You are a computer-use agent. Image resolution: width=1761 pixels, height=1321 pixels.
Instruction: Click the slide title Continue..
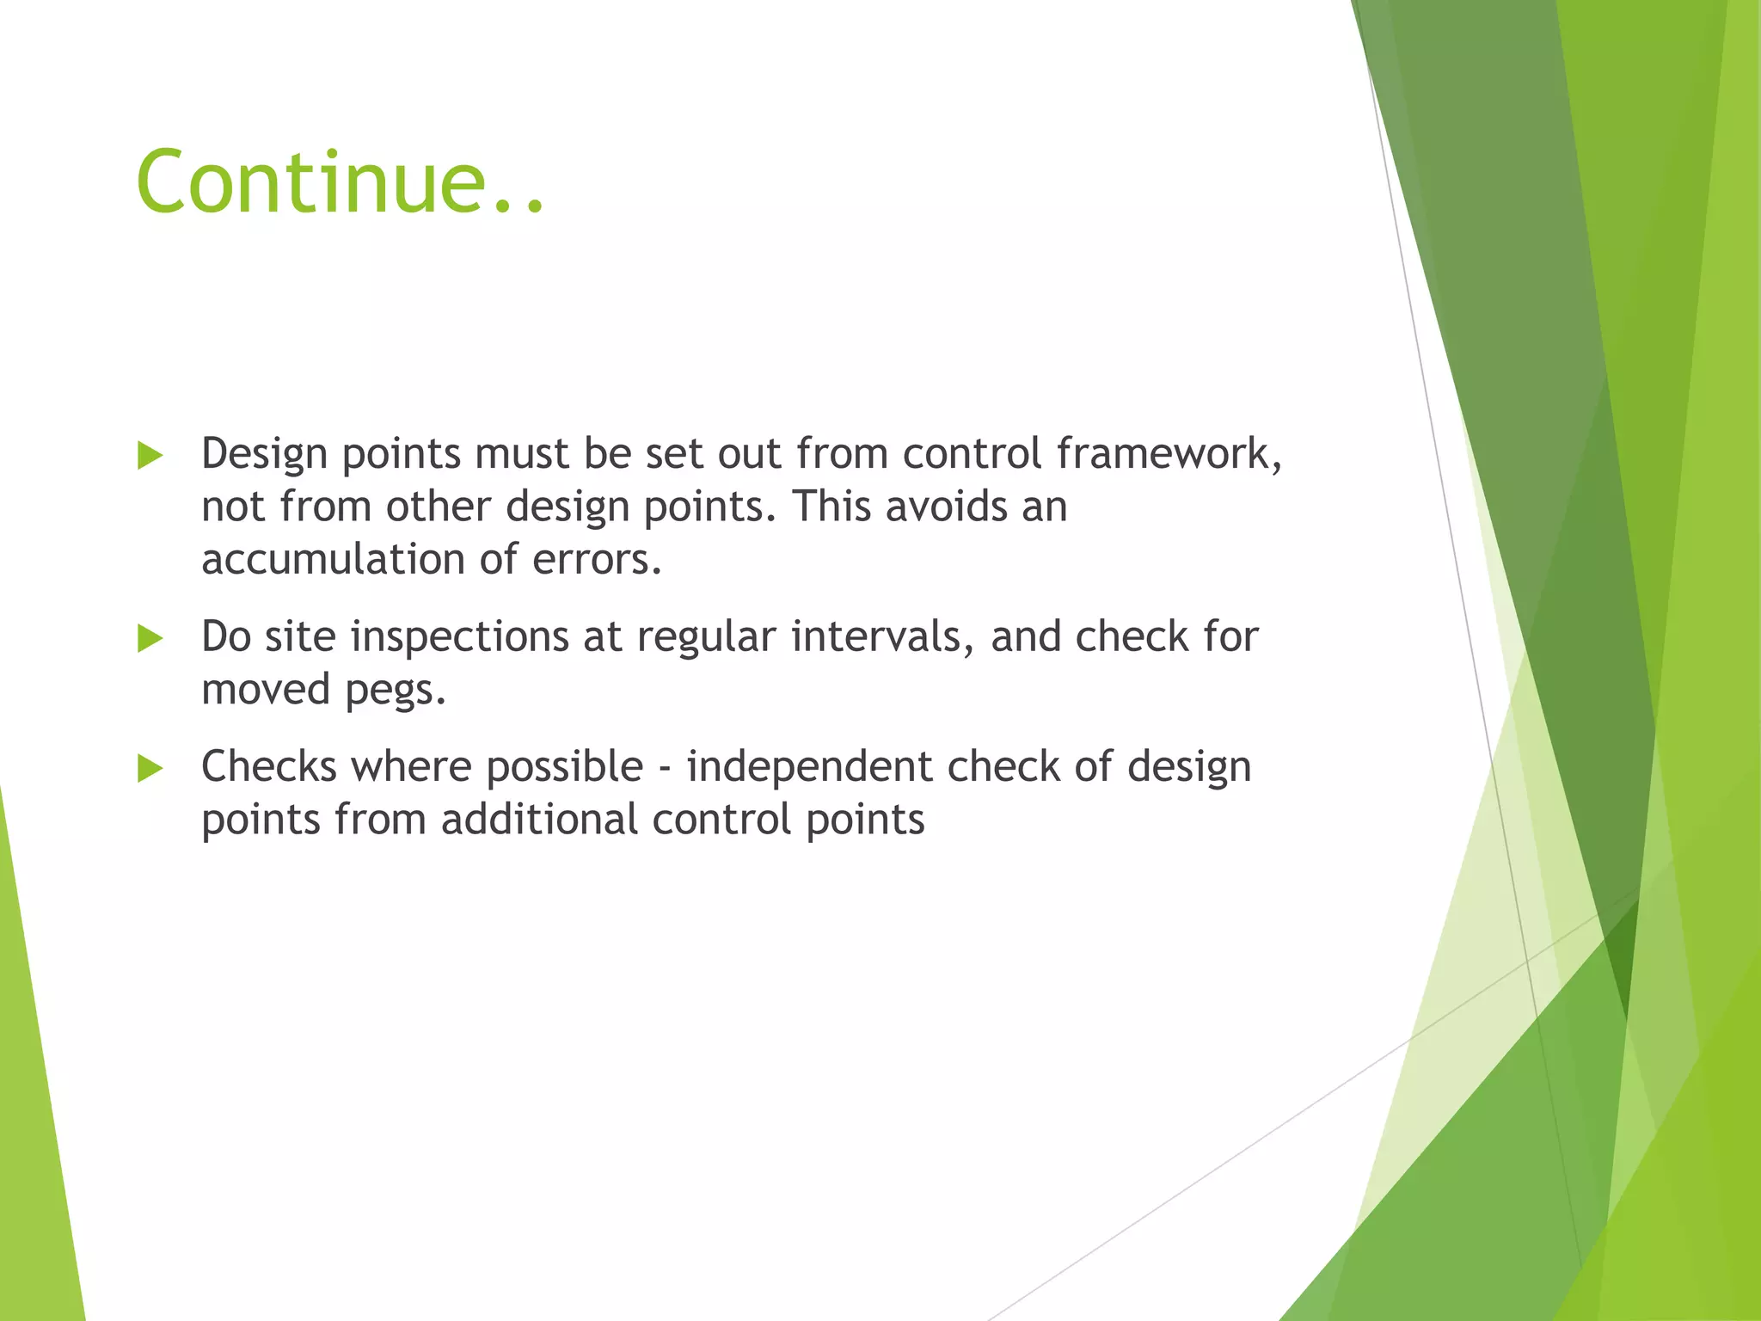click(340, 182)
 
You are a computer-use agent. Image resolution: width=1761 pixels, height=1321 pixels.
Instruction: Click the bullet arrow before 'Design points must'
click(150, 456)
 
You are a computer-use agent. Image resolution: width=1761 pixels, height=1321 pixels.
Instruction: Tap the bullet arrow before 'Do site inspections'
click(150, 639)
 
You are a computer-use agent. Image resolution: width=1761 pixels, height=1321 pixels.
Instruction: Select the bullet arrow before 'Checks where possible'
click(150, 769)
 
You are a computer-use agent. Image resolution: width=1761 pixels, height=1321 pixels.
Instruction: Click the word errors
click(597, 559)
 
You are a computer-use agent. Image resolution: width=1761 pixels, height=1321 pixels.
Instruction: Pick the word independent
click(809, 766)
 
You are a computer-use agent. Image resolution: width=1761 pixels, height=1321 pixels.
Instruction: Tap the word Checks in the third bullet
click(268, 766)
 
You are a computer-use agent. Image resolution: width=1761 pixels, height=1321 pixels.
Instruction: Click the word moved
click(266, 689)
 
